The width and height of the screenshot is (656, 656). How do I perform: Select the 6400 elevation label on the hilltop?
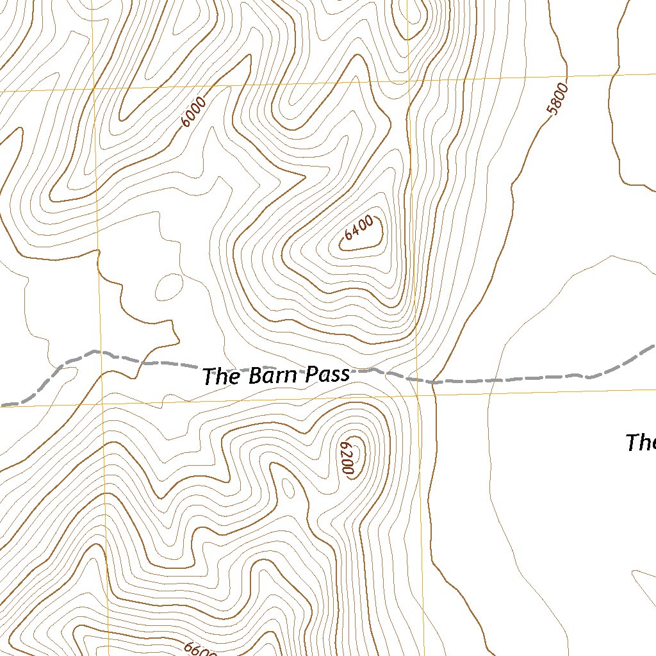tap(358, 229)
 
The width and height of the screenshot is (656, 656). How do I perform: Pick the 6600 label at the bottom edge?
tap(200, 648)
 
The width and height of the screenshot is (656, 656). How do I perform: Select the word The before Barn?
tap(221, 377)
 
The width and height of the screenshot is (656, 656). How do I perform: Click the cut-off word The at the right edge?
tap(640, 442)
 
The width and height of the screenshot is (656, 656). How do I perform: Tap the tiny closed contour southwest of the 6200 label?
tap(289, 489)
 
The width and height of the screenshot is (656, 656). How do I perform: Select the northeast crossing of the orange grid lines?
tap(408, 81)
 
